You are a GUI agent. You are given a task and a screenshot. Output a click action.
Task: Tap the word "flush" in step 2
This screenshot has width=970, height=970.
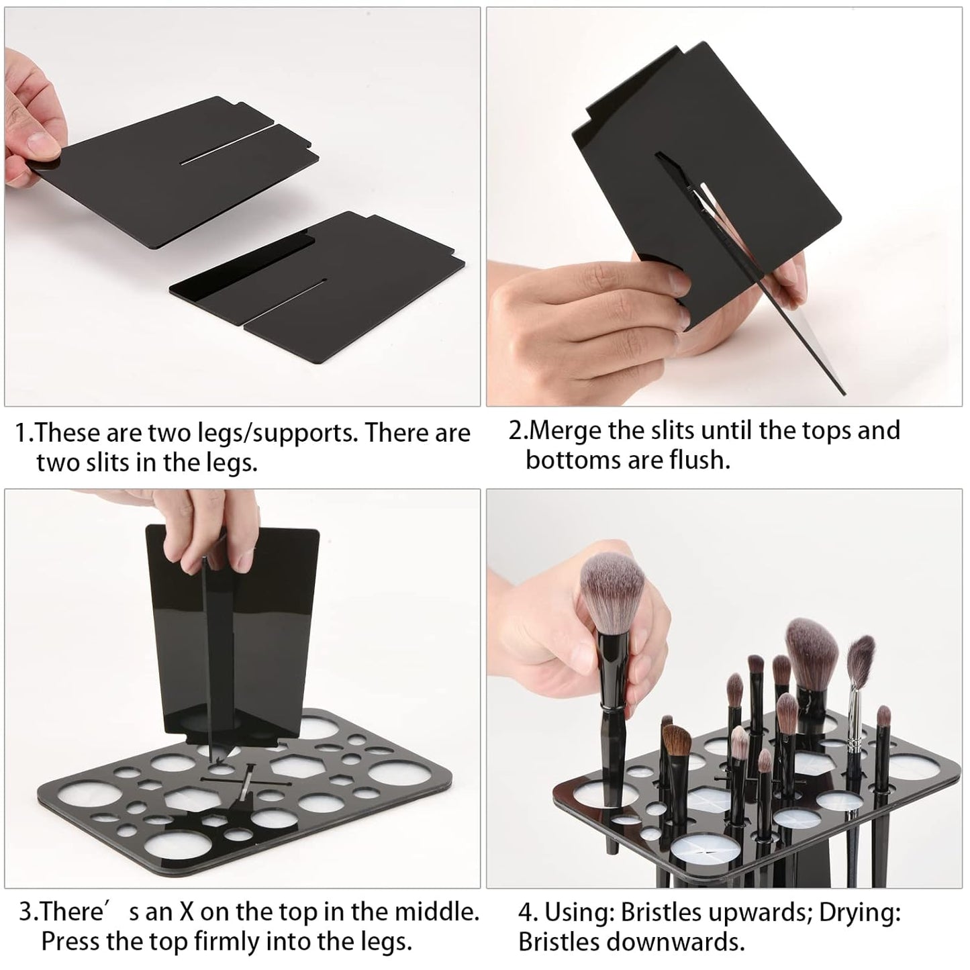pyautogui.click(x=698, y=460)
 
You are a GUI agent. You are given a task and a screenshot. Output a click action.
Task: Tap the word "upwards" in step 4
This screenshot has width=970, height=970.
pyautogui.click(x=746, y=913)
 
